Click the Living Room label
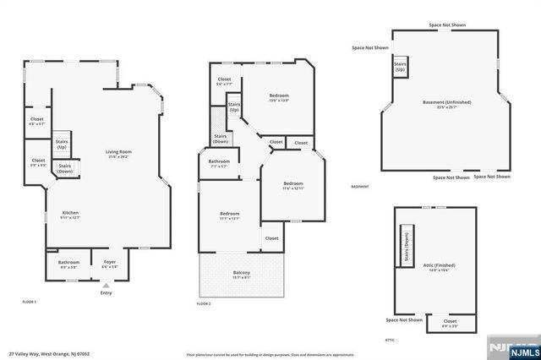(x=118, y=154)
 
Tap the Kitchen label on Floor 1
(x=70, y=215)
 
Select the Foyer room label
(x=109, y=264)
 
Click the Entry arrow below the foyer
(x=106, y=286)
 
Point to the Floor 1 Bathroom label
(x=68, y=264)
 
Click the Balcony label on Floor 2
(x=241, y=273)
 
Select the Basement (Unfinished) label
(x=447, y=104)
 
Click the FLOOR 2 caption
(x=203, y=303)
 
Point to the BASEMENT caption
(x=360, y=187)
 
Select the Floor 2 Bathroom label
(x=219, y=163)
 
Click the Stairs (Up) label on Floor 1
(x=62, y=145)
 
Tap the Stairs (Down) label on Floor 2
(x=221, y=139)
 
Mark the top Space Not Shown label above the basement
(x=445, y=25)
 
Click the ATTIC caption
(x=390, y=339)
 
